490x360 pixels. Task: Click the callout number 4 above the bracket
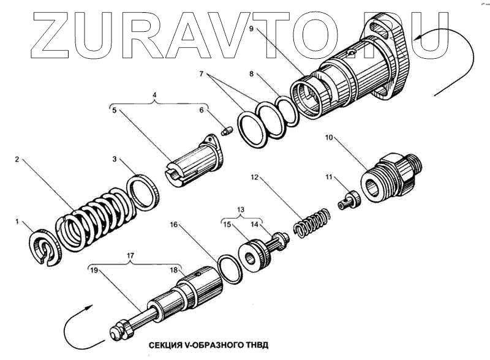pos(154,96)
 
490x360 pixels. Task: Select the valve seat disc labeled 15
pos(252,252)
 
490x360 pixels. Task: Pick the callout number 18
pos(175,269)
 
